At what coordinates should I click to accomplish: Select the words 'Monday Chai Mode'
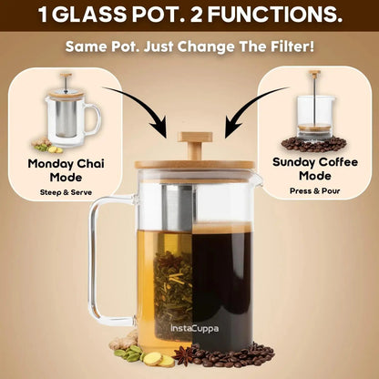pos(51,170)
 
